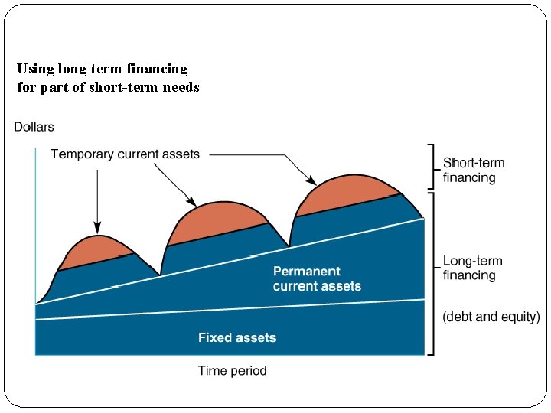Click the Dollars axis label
(x=34, y=127)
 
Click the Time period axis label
(x=232, y=371)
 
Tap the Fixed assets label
(x=237, y=337)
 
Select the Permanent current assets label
(x=317, y=278)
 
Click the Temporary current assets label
(x=125, y=154)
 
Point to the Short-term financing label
(x=474, y=171)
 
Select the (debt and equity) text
(x=491, y=317)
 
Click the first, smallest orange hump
(x=98, y=250)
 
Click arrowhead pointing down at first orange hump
(x=97, y=228)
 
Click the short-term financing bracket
(x=433, y=166)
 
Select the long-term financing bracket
(x=433, y=273)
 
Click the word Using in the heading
(x=35, y=69)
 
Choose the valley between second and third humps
(x=289, y=246)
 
